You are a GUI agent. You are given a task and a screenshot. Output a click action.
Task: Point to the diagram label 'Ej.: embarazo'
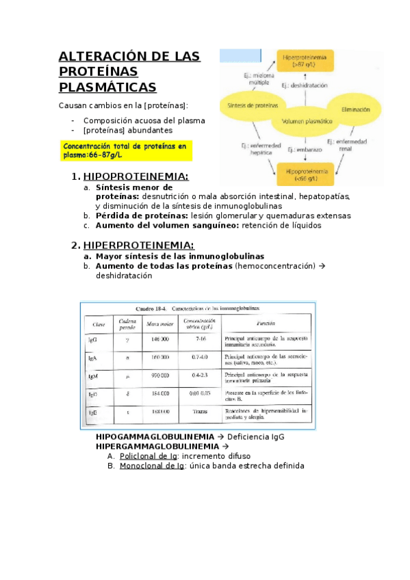point(305,148)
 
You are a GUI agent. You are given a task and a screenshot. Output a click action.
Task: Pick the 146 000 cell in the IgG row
point(159,339)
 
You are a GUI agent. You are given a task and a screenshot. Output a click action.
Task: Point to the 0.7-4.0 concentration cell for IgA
point(200,357)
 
